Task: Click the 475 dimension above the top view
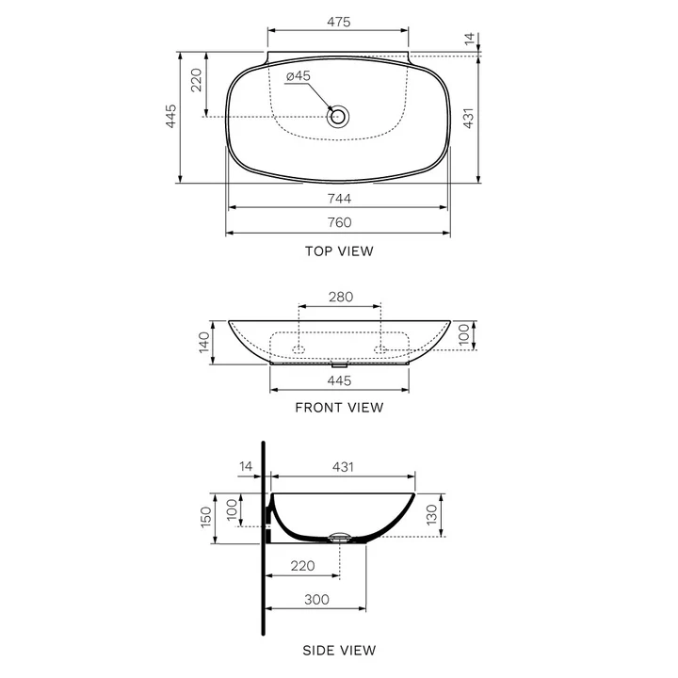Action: pyautogui.click(x=339, y=22)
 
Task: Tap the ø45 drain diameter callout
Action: pyautogui.click(x=299, y=76)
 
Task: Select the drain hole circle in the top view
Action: pyautogui.click(x=338, y=116)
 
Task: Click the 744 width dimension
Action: pyautogui.click(x=339, y=199)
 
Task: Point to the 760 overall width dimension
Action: pyautogui.click(x=339, y=222)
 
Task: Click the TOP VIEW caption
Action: pyautogui.click(x=339, y=251)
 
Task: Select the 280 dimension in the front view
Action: pyautogui.click(x=341, y=297)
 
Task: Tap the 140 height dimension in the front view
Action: pyautogui.click(x=204, y=343)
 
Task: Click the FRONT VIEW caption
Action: pyautogui.click(x=339, y=408)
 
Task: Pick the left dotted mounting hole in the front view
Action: pyautogui.click(x=299, y=349)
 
